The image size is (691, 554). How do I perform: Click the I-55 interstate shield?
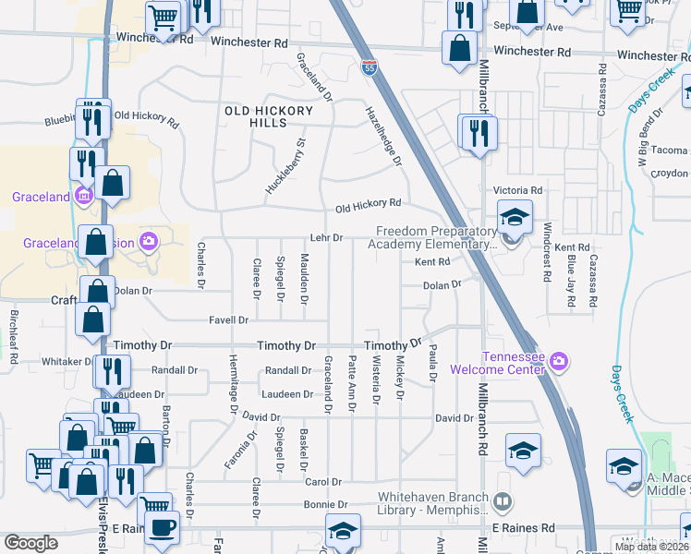tap(368, 66)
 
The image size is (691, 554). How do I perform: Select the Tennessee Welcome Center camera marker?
tap(558, 360)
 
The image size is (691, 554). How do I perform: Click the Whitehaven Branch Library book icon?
tap(503, 502)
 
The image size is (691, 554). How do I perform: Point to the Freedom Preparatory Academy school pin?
tap(515, 218)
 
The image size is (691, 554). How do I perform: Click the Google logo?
tap(30, 543)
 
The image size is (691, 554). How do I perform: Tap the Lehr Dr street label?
tap(326, 238)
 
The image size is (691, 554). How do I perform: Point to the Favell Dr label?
tap(230, 320)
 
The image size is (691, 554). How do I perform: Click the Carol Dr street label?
tap(323, 482)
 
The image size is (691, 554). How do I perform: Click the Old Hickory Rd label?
tap(368, 203)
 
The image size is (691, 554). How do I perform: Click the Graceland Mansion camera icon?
tap(148, 242)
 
